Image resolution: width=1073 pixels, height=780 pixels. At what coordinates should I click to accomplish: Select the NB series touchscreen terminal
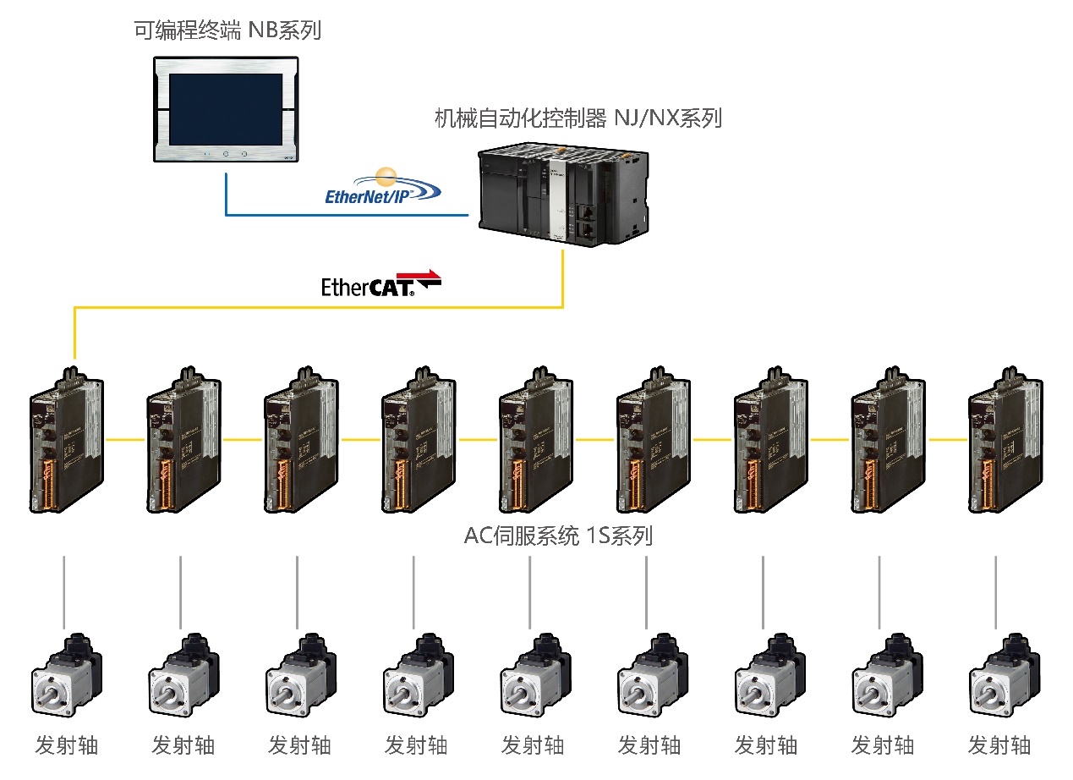point(227,109)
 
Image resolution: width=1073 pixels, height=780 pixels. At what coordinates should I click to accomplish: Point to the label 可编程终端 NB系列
point(227,31)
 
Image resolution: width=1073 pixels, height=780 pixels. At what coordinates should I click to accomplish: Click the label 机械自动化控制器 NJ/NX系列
point(578,118)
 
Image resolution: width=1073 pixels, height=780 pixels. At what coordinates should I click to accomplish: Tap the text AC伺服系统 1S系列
point(558,536)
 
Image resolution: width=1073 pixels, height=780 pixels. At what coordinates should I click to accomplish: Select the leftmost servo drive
point(67,441)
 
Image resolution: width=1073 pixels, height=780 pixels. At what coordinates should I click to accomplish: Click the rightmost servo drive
point(1004,441)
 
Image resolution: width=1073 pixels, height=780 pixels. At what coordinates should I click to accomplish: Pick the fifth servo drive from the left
point(535,441)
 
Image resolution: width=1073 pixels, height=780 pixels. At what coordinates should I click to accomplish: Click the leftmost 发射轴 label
point(67,745)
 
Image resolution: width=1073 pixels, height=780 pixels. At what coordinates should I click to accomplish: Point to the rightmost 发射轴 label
point(999,745)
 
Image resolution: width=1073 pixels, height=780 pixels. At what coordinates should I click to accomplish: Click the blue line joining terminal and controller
point(338,215)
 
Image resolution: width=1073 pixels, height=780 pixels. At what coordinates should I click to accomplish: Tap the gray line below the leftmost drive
point(65,592)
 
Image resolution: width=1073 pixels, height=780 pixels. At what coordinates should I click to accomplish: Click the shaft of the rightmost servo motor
point(984,697)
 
